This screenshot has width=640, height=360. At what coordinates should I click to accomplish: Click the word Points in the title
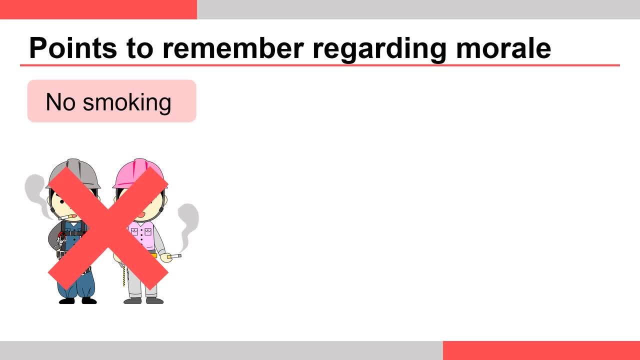point(73,48)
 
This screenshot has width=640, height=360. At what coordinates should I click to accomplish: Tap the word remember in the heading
point(233,48)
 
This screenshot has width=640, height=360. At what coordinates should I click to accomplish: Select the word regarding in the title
point(379,49)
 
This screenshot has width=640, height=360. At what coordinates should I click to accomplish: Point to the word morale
point(503,48)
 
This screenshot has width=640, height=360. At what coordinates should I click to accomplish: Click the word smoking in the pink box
point(127,103)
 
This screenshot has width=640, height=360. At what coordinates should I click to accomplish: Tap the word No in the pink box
point(60,102)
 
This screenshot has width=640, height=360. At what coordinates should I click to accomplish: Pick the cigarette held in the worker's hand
point(174,256)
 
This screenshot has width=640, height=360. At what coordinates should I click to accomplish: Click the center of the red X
point(108,228)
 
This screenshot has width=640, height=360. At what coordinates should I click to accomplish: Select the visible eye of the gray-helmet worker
point(62,202)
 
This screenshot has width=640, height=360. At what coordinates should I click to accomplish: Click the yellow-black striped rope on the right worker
point(124,274)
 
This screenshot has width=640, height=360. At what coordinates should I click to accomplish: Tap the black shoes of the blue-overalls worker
point(77,300)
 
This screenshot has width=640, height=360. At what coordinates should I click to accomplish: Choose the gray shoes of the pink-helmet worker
point(143,300)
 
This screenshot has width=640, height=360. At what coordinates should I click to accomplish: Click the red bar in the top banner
point(98,9)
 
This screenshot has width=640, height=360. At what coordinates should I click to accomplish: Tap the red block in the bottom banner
point(541,350)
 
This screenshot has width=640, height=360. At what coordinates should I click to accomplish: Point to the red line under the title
point(319,65)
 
